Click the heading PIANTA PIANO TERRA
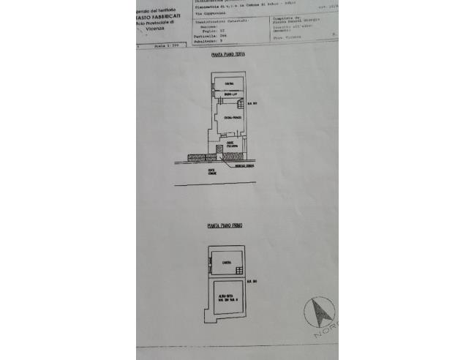tap(227, 55)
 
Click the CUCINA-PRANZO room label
tap(232, 118)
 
